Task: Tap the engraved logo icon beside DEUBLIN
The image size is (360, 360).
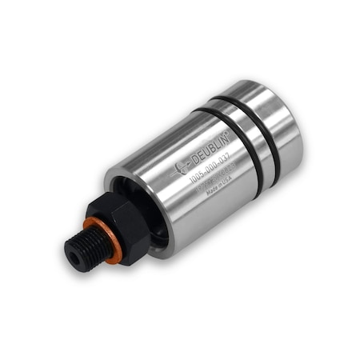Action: [180, 167]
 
